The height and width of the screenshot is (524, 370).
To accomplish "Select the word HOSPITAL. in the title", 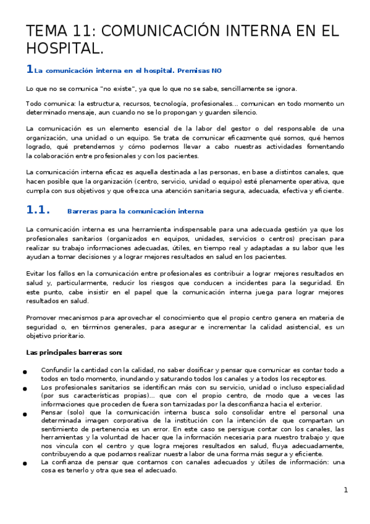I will pyautogui.click(x=64, y=48).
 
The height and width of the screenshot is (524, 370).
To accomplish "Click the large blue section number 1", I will pyautogui.click(x=29, y=69).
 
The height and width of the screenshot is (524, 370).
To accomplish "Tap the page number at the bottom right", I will pyautogui.click(x=346, y=491).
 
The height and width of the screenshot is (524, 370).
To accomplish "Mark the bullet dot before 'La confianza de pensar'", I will pyautogui.click(x=24, y=463).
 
